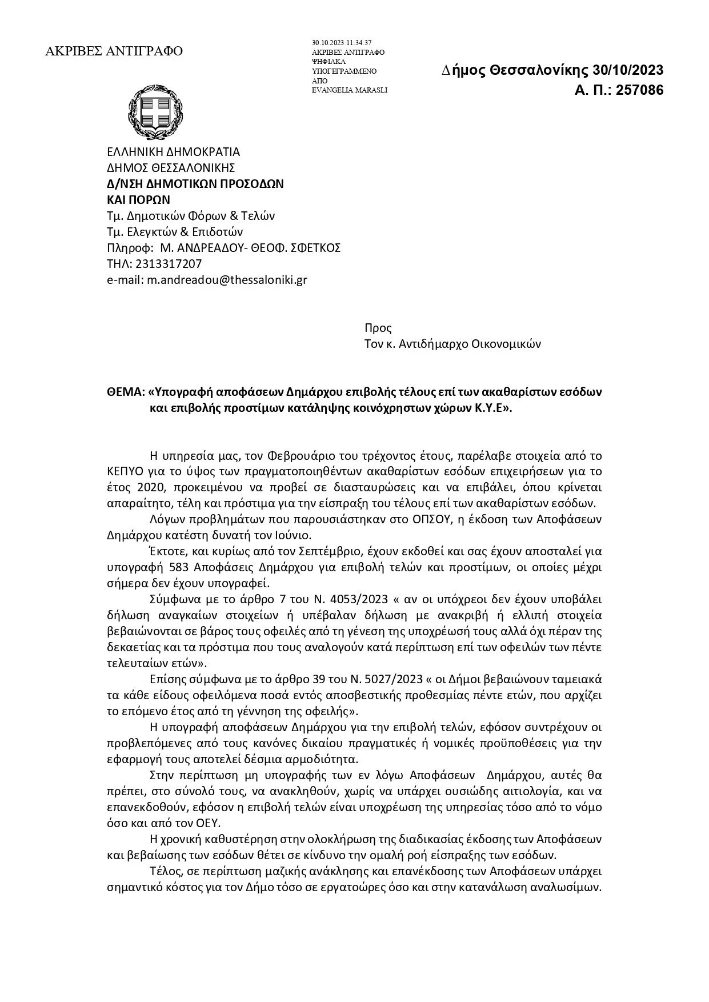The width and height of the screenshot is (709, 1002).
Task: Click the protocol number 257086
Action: [x=636, y=90]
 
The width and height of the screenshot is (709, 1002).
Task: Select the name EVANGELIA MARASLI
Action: [x=350, y=90]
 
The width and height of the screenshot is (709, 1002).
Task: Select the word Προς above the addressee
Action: [x=378, y=328]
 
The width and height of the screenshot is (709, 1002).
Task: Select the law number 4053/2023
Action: [x=345, y=600]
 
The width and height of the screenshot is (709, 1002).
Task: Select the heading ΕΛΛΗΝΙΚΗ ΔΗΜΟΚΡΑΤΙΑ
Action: [x=174, y=152]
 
